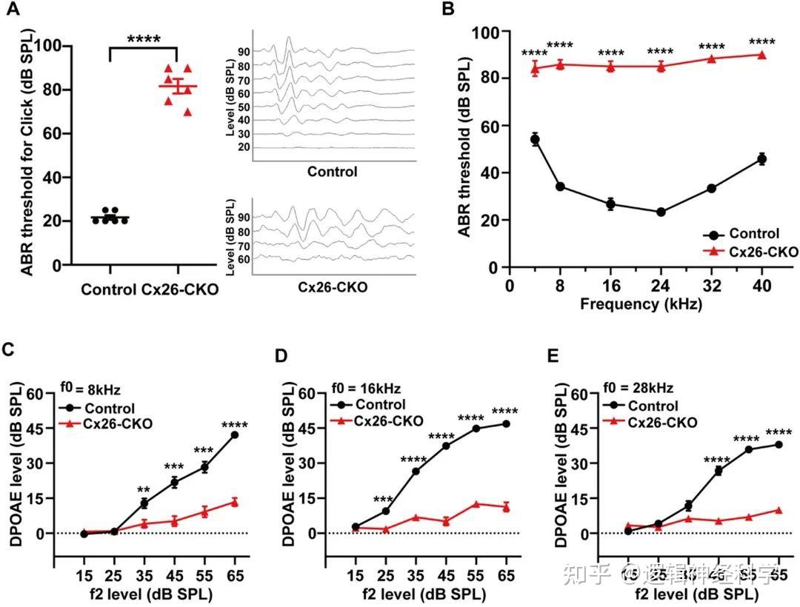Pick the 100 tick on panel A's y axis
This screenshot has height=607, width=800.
point(50,46)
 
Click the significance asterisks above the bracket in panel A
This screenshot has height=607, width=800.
point(144,38)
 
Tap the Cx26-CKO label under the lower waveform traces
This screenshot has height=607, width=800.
point(332,286)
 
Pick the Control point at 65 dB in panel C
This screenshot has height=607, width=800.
point(235,435)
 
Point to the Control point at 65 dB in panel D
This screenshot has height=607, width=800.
point(506,423)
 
